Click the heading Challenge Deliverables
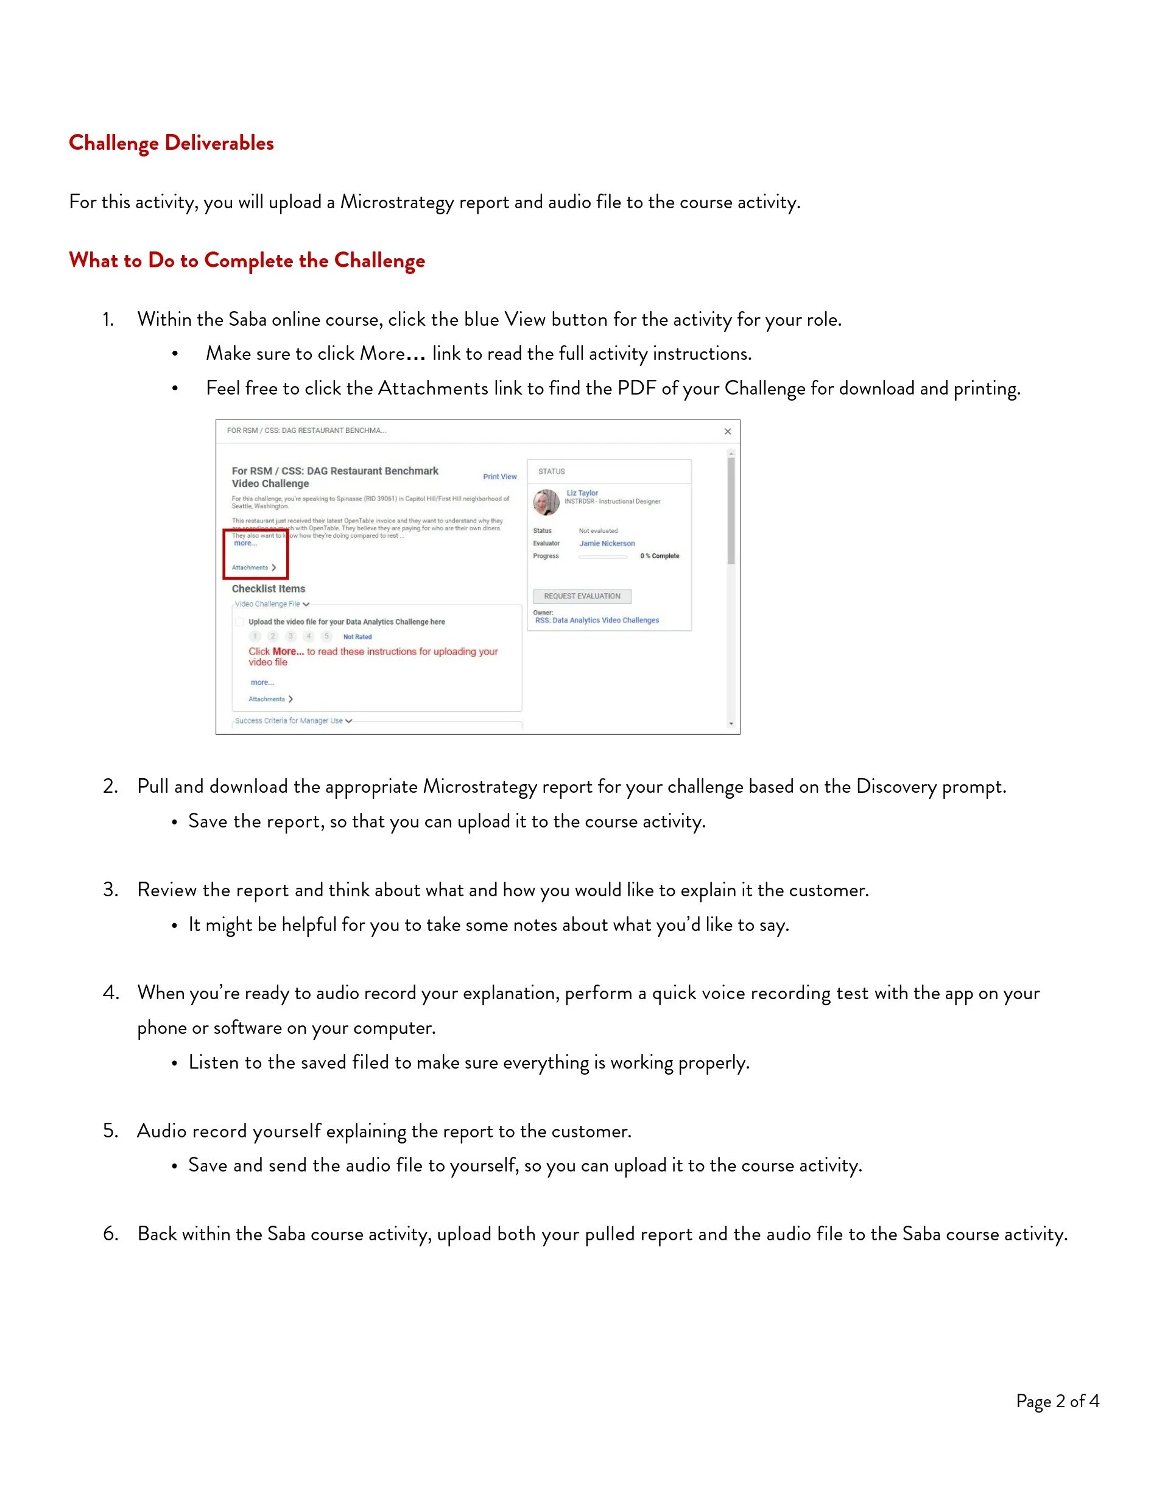click(x=171, y=143)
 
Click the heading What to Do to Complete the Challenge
click(x=247, y=260)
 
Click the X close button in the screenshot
click(x=727, y=431)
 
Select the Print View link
click(x=500, y=477)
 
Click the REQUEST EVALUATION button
click(x=582, y=596)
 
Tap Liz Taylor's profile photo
click(x=546, y=502)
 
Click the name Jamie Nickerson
click(x=607, y=544)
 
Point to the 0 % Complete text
click(x=659, y=556)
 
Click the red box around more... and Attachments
click(x=255, y=554)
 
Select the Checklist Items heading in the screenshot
click(x=269, y=589)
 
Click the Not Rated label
click(x=357, y=637)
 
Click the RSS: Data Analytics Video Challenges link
click(x=597, y=620)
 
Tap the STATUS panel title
click(x=552, y=471)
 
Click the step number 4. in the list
click(x=111, y=993)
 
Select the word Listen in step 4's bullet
click(x=213, y=1062)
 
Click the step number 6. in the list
click(x=111, y=1234)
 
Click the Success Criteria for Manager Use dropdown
click(x=294, y=720)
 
